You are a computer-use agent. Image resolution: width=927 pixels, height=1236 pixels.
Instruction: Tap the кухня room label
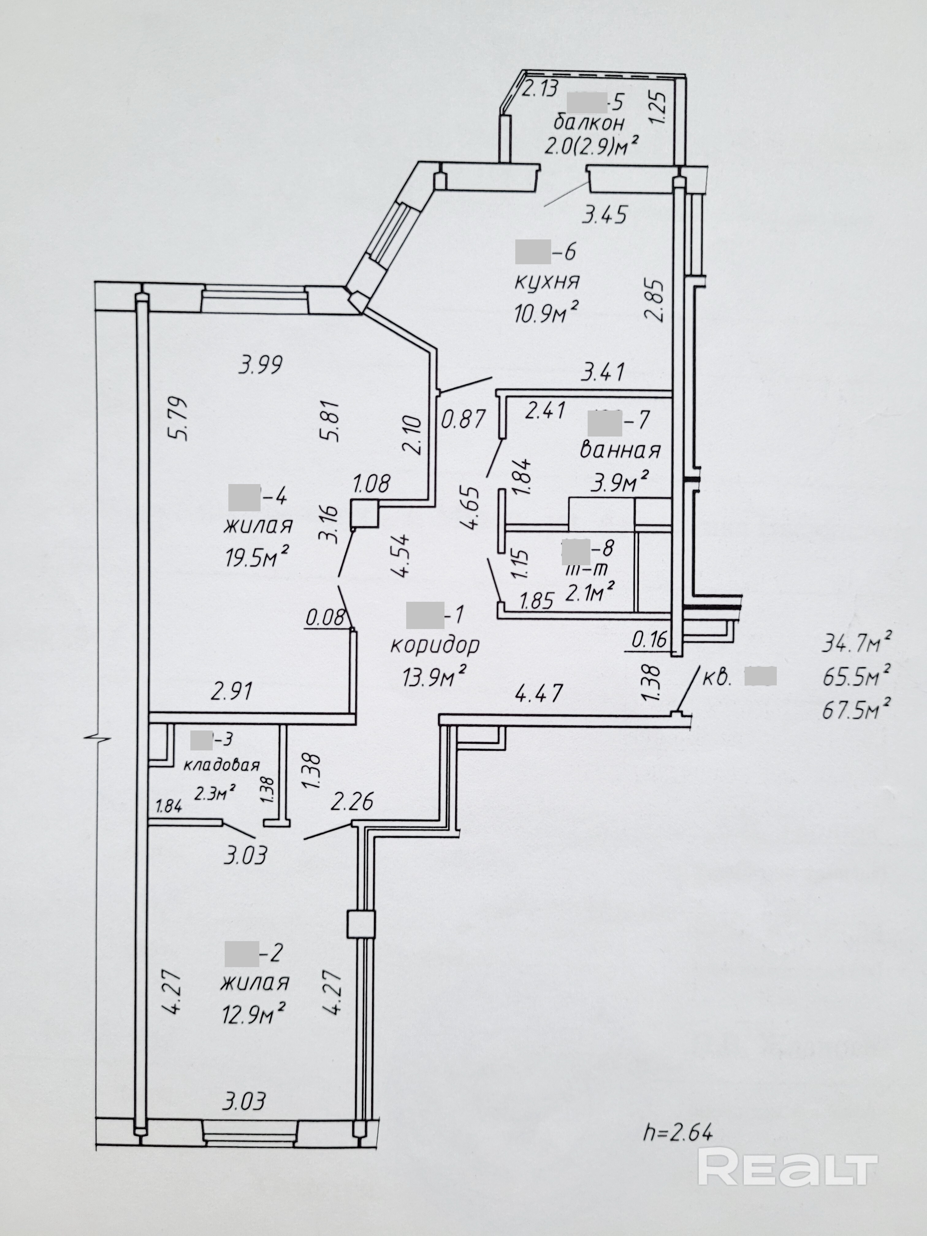(547, 281)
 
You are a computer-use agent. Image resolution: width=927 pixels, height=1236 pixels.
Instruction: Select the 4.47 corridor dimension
(538, 694)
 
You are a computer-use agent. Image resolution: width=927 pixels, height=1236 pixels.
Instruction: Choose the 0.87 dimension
(463, 419)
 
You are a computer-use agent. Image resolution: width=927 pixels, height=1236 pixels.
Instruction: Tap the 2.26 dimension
(352, 803)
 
